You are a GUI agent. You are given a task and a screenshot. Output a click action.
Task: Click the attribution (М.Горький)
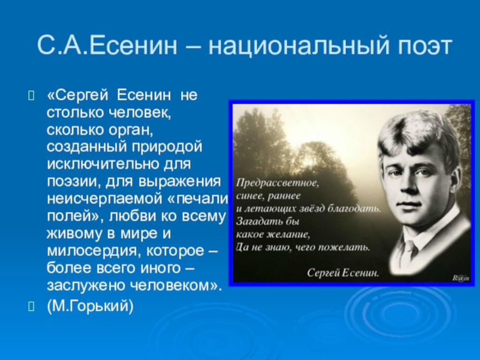90,306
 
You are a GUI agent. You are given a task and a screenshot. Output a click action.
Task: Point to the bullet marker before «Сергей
31,96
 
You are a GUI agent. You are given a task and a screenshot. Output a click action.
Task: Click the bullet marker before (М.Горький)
31,306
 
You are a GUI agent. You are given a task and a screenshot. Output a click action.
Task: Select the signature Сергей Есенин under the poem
343,272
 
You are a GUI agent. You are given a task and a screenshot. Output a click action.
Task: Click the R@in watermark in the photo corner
461,278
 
